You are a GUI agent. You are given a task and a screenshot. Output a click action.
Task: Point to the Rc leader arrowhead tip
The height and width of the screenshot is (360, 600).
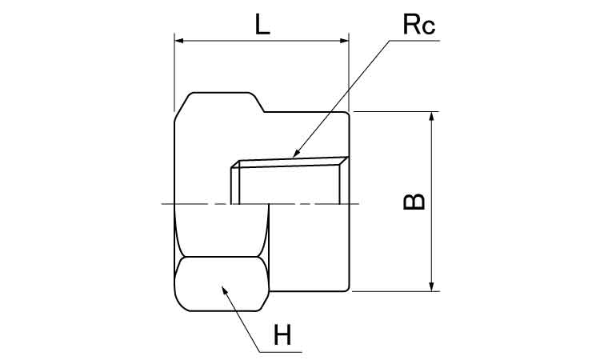click(292, 155)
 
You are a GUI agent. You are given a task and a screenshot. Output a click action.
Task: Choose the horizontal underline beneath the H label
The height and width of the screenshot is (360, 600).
click(284, 351)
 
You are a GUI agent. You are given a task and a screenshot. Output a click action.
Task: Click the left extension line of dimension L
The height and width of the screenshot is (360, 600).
click(174, 72)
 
